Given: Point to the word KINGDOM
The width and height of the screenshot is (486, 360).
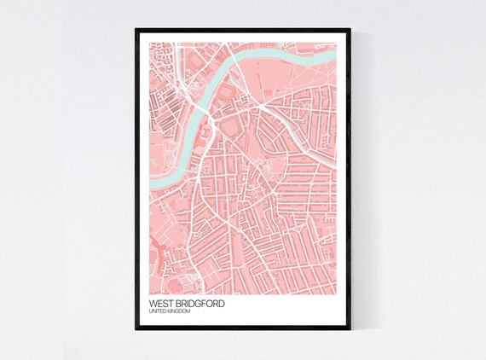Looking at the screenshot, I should (x=178, y=312).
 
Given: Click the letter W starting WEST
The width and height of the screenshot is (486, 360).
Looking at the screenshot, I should (x=153, y=304).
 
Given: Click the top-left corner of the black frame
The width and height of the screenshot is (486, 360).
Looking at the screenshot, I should (x=135, y=28).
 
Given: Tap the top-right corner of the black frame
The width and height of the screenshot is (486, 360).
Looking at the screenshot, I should (x=350, y=28).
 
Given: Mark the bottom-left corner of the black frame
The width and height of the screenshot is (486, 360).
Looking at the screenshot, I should (x=135, y=330).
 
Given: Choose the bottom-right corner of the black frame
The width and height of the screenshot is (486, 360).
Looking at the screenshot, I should (x=350, y=330).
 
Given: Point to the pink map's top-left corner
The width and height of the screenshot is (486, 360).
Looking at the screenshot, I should (x=149, y=42).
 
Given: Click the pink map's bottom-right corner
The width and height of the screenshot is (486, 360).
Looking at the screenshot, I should (x=336, y=294).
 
